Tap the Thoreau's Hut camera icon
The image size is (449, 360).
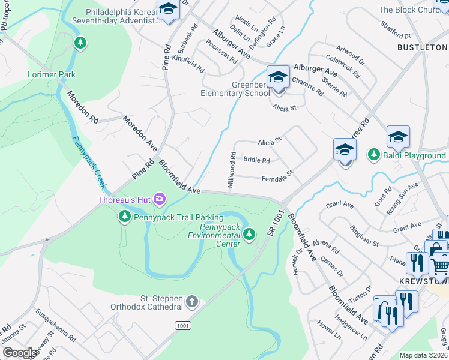pyautogui.click(x=160, y=199)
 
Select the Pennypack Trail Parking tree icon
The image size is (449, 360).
pyautogui.click(x=125, y=217)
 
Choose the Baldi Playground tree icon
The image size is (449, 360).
pyautogui.click(x=373, y=155)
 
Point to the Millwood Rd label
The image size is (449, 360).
pyautogui.click(x=232, y=170)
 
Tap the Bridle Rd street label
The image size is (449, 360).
pyautogui.click(x=256, y=160)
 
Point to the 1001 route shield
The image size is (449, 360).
pyautogui.click(x=184, y=325)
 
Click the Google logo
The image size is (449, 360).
pyautogui.click(x=20, y=353)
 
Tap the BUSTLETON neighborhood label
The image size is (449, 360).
pyautogui.click(x=421, y=47)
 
